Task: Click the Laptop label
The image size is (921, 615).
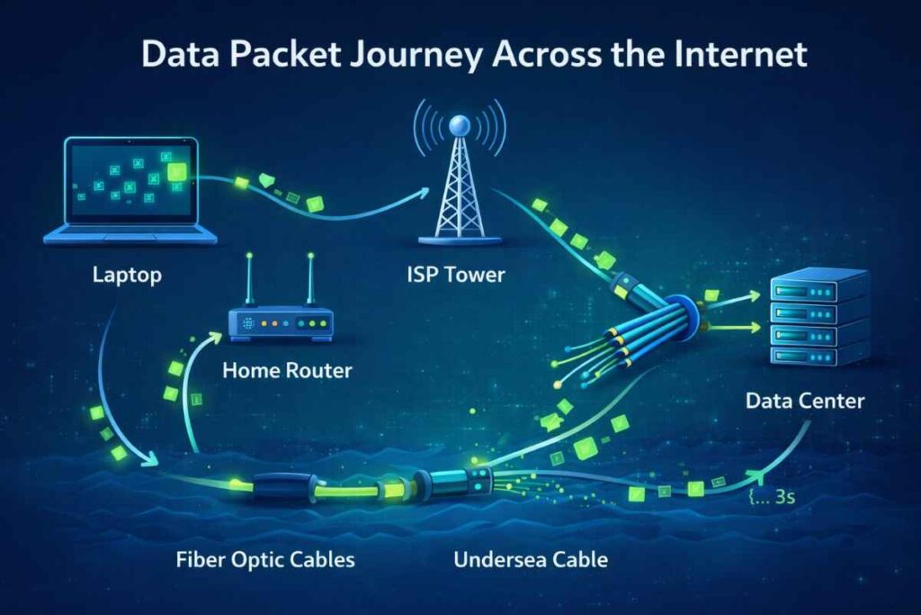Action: click(127, 274)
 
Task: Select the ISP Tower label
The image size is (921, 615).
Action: click(456, 274)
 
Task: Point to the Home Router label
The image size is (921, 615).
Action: click(287, 369)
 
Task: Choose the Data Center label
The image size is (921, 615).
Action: click(805, 400)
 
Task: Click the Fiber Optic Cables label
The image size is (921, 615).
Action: click(265, 559)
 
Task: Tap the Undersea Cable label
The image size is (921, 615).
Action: click(531, 559)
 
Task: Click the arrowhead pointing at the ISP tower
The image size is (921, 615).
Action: click(422, 192)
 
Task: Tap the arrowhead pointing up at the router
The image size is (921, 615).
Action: click(217, 336)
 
